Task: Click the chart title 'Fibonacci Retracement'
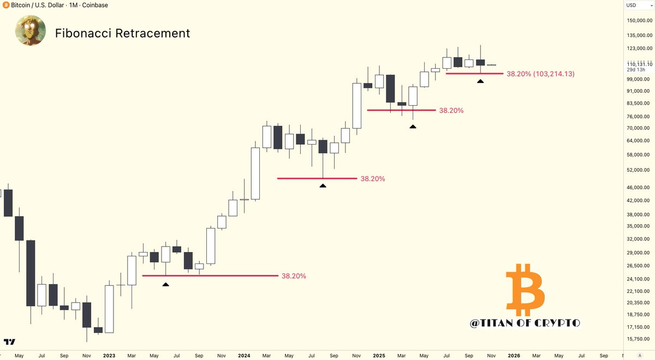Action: click(123, 33)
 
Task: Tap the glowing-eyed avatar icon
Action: click(31, 31)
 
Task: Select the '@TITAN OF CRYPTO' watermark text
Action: click(525, 323)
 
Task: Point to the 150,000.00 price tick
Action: click(638, 21)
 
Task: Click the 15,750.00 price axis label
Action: click(639, 339)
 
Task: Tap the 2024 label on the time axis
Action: click(244, 356)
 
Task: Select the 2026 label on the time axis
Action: click(514, 356)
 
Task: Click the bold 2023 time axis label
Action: click(109, 356)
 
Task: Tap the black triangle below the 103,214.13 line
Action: click(480, 81)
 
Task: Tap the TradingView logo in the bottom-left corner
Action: click(9, 342)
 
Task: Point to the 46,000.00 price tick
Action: click(639, 187)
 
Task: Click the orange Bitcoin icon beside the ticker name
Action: click(5, 5)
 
